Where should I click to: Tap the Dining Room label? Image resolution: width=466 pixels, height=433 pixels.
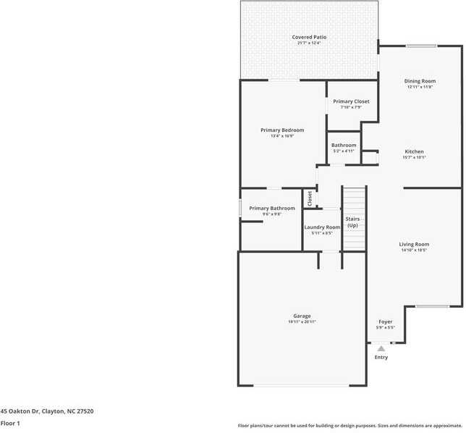coord(420,81)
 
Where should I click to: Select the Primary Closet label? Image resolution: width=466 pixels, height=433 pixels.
coord(351,101)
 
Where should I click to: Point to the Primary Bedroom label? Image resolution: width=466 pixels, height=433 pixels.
coord(282,130)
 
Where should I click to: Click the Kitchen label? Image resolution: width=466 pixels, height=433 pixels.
coord(414,151)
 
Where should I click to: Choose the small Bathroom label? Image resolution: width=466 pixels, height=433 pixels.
coord(344,145)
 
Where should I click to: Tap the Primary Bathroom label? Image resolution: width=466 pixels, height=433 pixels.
coord(271,209)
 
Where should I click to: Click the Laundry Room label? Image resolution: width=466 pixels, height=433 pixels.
coord(322,227)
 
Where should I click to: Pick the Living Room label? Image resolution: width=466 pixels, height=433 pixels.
coord(414,244)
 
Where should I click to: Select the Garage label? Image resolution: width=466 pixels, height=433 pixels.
coord(302,316)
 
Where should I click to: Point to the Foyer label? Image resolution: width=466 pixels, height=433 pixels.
coord(385,321)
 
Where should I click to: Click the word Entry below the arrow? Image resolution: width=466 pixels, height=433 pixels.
coord(381,357)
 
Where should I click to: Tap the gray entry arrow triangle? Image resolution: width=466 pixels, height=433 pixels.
coord(381,348)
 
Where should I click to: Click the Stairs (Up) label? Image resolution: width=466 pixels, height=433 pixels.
coord(352,221)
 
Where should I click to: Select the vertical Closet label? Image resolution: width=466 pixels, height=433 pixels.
coord(310,198)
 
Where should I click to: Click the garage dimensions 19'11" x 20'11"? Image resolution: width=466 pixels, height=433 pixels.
coord(302,321)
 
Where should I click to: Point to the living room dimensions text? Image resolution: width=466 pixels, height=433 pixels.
coord(414,250)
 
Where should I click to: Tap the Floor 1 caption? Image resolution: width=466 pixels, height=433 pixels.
coord(10,423)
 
